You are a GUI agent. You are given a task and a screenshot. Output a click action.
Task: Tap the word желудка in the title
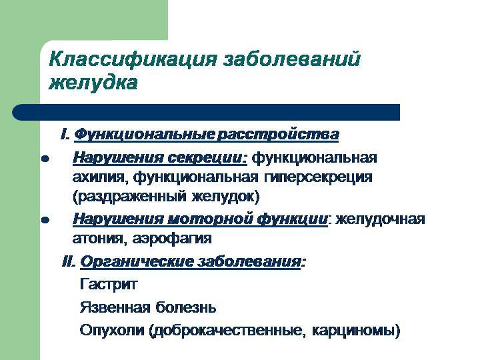pos(93,83)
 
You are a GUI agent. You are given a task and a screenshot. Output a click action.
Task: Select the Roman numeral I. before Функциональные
pos(65,135)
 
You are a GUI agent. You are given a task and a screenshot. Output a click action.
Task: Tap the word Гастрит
pos(108,285)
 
